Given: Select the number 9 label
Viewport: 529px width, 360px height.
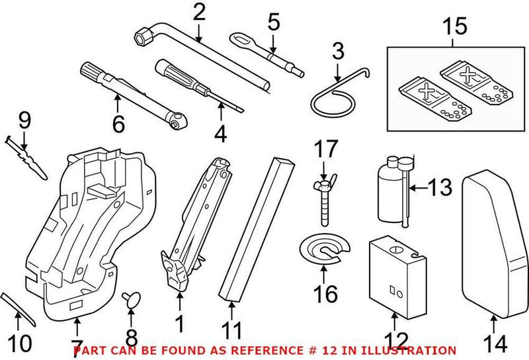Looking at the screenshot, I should (24, 120).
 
